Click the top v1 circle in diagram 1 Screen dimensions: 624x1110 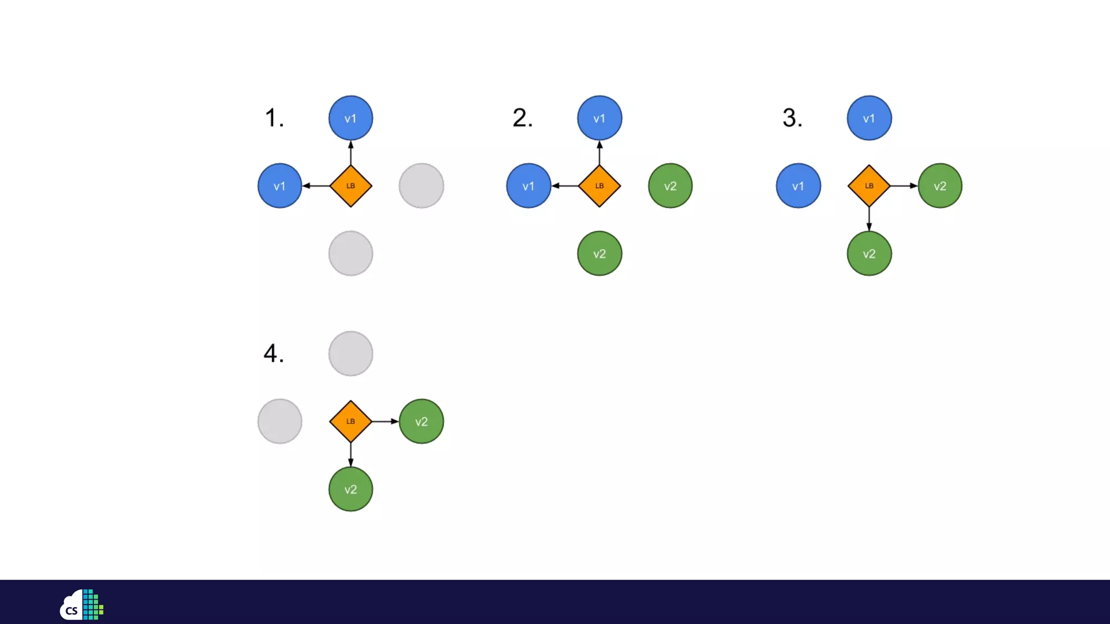pos(351,118)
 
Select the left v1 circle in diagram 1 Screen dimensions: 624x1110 pos(280,186)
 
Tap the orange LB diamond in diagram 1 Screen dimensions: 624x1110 pos(351,186)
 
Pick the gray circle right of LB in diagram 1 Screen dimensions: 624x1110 pos(421,186)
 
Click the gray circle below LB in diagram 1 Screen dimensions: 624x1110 pos(351,253)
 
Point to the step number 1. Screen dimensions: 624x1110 pos(274,118)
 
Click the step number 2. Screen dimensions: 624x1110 pos(522,118)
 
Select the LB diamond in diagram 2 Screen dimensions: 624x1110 pos(599,186)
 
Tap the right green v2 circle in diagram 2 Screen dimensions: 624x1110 pos(670,186)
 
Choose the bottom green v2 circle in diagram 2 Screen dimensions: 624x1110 pos(599,253)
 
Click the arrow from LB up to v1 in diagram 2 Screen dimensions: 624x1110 pos(599,153)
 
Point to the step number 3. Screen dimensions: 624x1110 pos(792,118)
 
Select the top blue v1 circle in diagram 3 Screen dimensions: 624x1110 pos(869,118)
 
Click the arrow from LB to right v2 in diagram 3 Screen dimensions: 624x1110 pos(904,186)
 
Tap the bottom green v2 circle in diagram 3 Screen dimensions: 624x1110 pos(869,253)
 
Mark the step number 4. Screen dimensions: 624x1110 pos(273,353)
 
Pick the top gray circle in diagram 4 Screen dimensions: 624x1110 pos(351,354)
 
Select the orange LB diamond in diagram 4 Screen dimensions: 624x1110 pos(351,421)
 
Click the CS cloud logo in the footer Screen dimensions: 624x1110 pos(81,604)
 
